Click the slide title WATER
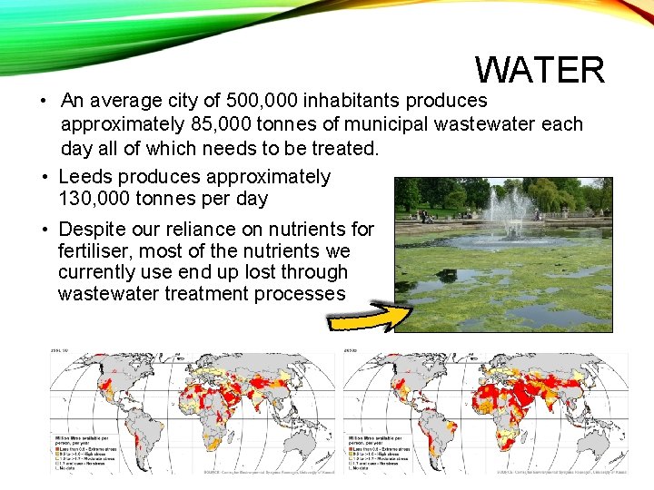tap(540, 70)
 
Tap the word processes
tap(302, 294)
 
